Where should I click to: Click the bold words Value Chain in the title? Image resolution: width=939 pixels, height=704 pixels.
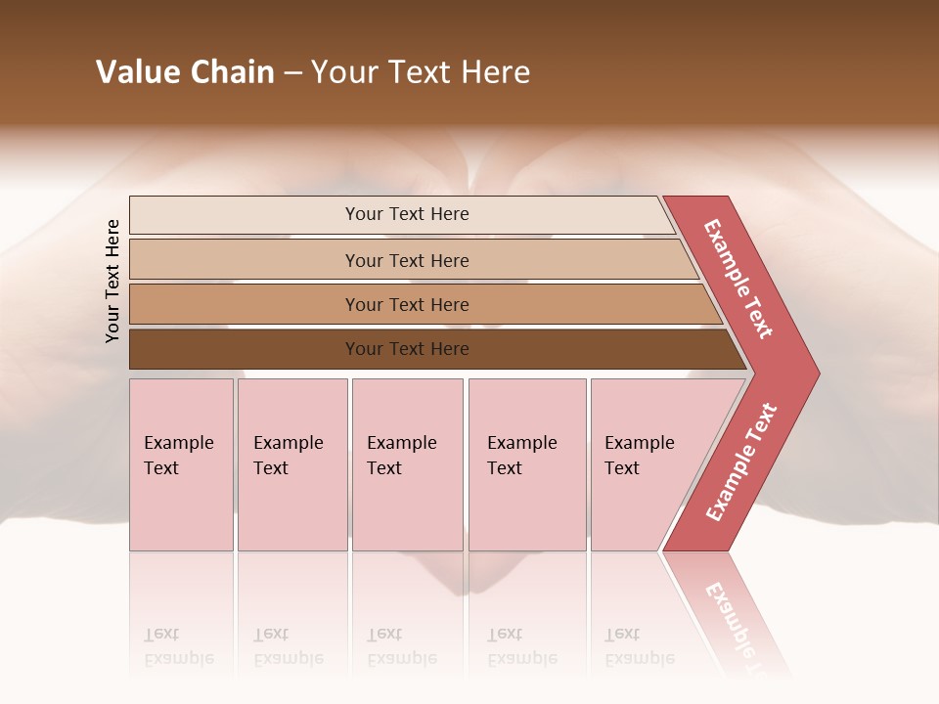[185, 72]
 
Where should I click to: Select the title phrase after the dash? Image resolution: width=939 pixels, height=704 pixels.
[421, 72]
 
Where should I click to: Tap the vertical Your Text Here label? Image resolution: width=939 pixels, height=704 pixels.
[112, 281]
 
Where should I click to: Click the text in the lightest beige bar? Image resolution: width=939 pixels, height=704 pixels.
[407, 214]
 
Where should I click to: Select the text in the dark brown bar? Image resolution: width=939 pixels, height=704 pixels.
[407, 349]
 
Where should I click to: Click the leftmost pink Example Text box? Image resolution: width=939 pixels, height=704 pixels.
[181, 464]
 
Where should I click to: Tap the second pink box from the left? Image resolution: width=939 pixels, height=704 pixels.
[292, 464]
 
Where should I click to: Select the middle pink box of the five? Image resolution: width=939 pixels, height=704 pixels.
[407, 464]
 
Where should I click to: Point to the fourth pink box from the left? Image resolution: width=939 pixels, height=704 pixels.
[527, 464]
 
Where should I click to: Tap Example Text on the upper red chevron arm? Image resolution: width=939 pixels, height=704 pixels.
[738, 279]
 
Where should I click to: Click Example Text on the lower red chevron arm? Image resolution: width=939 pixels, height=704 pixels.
[741, 462]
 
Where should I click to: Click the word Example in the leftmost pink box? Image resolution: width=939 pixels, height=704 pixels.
[178, 443]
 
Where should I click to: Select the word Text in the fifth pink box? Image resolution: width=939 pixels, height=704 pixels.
[622, 468]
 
